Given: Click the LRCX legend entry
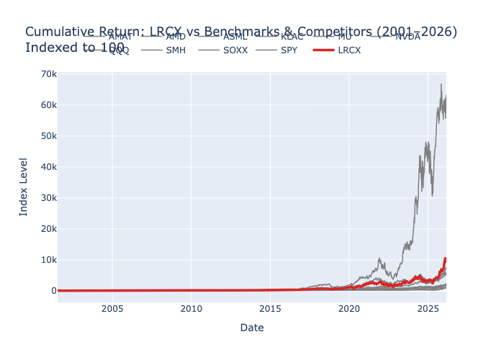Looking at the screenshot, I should (x=349, y=50).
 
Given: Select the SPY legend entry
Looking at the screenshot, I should (x=289, y=50).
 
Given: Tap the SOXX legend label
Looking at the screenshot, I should (x=235, y=50).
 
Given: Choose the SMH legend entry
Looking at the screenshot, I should (x=176, y=50).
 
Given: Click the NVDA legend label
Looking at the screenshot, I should (x=408, y=36).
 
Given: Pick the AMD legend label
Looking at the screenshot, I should (x=176, y=36).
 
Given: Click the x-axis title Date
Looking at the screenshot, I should (x=252, y=328).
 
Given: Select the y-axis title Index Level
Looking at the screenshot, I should (x=24, y=186).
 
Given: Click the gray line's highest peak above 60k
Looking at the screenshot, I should (x=441, y=84).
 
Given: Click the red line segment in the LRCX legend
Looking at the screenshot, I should (x=324, y=50).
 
